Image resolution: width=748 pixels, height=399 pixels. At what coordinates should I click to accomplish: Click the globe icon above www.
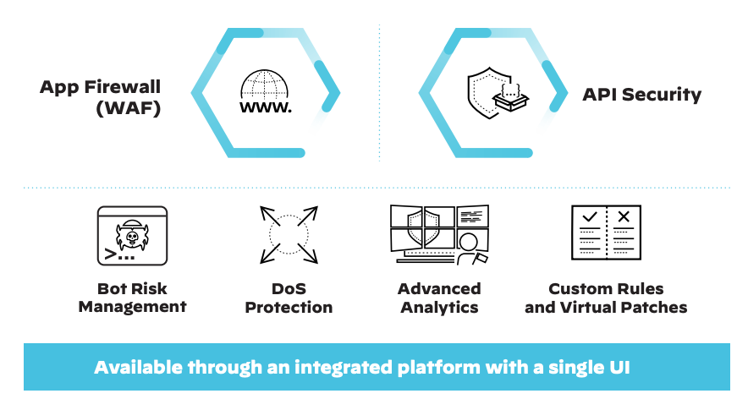265,85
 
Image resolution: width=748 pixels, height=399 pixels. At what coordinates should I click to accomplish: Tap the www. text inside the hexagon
266,108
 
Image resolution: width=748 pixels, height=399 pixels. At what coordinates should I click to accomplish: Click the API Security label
641,95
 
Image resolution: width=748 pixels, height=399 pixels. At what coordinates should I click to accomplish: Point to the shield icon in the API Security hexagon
485,92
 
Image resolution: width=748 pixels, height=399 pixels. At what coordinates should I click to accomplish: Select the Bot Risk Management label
132,298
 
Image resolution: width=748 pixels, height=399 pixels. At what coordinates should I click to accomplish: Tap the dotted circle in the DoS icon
289,233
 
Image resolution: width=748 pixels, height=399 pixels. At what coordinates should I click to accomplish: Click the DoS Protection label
289,298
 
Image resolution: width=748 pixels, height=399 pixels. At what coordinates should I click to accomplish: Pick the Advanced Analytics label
439,298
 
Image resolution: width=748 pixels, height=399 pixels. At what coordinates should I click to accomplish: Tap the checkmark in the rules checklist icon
590,217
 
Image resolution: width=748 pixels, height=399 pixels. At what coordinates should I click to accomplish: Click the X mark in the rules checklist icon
624,217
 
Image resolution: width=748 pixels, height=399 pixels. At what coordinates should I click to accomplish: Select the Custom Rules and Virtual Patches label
606,298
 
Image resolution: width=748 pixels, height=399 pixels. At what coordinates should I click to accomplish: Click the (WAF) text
128,108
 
